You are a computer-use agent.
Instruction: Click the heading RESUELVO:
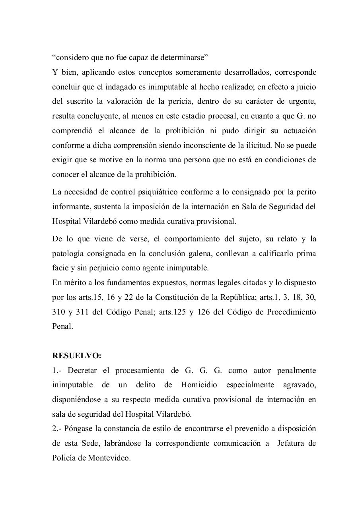click(77, 356)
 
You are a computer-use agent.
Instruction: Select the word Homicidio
click(199, 385)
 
